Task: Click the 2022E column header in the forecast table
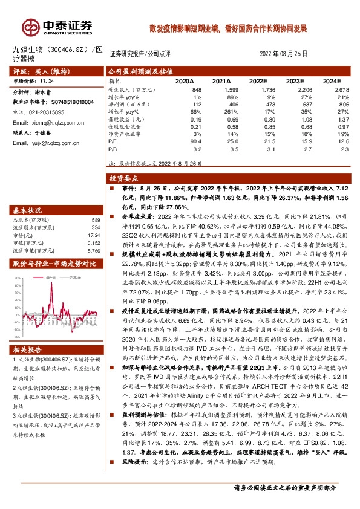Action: pos(258,80)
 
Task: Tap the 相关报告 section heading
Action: pos(28,350)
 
